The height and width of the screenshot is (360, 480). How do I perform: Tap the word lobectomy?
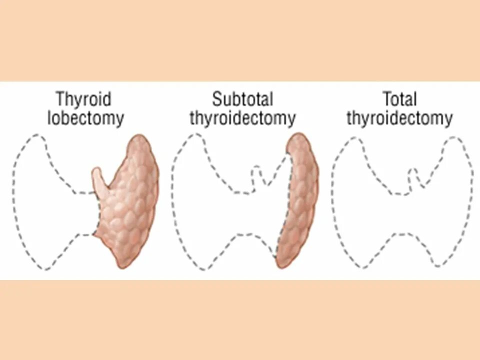click(85, 118)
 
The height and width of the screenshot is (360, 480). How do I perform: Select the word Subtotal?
click(242, 98)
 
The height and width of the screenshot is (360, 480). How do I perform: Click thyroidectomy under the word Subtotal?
click(242, 118)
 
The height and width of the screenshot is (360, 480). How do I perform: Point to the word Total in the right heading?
click(399, 98)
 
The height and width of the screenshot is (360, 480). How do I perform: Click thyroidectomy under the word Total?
click(399, 118)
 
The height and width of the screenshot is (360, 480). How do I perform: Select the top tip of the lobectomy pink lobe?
click(142, 137)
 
